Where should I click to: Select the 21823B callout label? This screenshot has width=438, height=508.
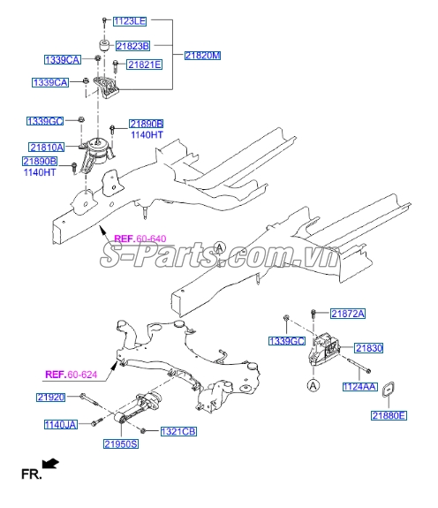pyautogui.click(x=134, y=45)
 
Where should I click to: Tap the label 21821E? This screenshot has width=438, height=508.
pyautogui.click(x=144, y=64)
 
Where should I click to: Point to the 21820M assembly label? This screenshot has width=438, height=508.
pyautogui.click(x=202, y=55)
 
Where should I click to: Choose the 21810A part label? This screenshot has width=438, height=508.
pyautogui.click(x=46, y=147)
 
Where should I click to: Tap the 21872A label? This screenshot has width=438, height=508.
pyautogui.click(x=348, y=314)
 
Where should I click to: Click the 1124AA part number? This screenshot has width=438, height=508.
pyautogui.click(x=359, y=386)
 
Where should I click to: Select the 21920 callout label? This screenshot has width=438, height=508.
pyautogui.click(x=51, y=398)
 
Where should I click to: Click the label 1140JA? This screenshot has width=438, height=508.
pyautogui.click(x=61, y=425)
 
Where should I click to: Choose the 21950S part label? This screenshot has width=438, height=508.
pyautogui.click(x=122, y=444)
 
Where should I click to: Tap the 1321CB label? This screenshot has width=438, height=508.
pyautogui.click(x=178, y=431)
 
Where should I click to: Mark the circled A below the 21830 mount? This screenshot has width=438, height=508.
pyautogui.click(x=313, y=385)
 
